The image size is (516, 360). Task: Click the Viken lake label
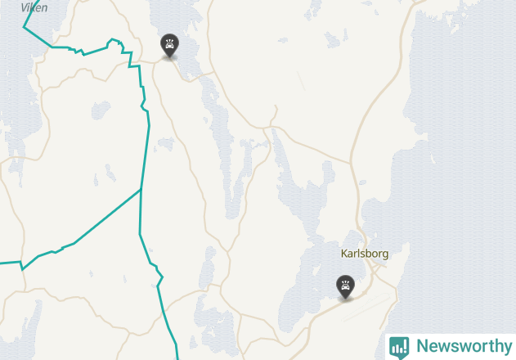coord(34,7)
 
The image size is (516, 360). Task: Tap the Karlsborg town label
coord(364,254)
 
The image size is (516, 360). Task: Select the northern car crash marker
coord(169,46)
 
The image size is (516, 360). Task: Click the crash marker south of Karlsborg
coord(346,286)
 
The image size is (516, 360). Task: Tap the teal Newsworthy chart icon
coord(399,347)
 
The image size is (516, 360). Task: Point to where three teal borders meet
coord(141,190)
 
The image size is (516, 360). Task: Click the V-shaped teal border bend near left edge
coord(22,268)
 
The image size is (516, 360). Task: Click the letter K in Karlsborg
coord(344,254)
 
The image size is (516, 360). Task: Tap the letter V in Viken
coord(24,7)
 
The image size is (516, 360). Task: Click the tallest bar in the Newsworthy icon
coord(402,346)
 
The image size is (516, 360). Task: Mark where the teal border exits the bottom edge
coord(177,358)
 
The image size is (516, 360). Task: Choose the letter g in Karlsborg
coord(384,255)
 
